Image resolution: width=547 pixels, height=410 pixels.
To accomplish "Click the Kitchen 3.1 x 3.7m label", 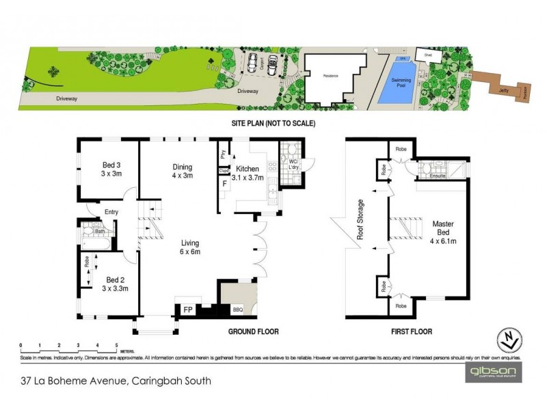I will tap(250, 173).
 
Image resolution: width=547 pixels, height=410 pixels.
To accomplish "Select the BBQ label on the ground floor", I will tap(237, 309).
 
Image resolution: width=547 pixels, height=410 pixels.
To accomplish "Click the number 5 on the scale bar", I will tap(118, 344).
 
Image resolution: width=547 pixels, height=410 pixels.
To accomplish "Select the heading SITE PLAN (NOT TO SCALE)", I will tap(274, 124).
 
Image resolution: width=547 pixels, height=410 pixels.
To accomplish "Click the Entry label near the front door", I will tap(111, 213).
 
